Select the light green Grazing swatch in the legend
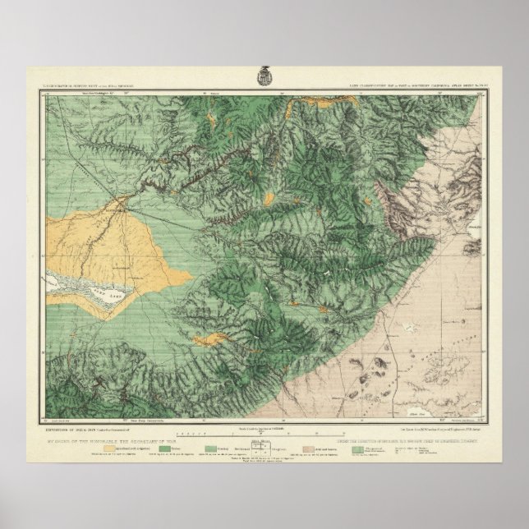coord(213,449)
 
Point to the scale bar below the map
coord(265,432)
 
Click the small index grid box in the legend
coord(265,451)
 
